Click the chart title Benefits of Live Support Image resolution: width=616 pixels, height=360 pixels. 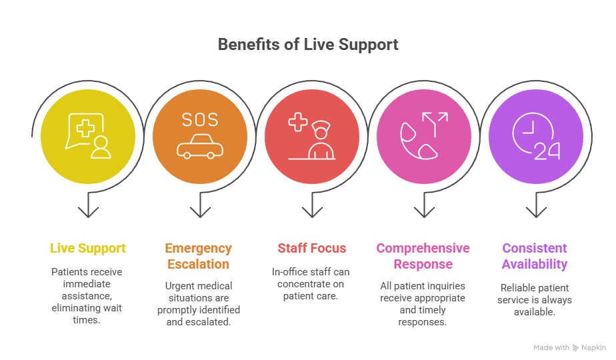[308, 45]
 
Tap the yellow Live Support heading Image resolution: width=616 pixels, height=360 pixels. [88, 249]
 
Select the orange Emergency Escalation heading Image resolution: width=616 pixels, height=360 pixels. [199, 257]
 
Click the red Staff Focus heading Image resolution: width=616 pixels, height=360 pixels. [312, 249]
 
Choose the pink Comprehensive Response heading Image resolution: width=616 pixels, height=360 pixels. [423, 257]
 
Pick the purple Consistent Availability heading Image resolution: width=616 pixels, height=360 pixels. [535, 257]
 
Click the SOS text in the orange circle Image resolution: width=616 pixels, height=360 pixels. [200, 121]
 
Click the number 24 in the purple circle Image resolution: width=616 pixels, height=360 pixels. [547, 151]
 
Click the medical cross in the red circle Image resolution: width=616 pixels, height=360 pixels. [297, 122]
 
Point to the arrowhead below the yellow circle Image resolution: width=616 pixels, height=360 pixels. [88, 211]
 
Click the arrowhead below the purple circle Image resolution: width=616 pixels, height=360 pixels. [536, 211]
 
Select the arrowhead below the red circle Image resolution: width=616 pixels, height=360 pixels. [312, 211]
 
